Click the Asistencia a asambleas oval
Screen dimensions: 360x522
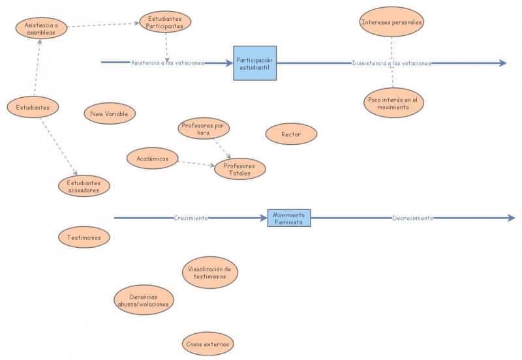click(x=41, y=28)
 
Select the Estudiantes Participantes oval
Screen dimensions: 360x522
click(x=165, y=22)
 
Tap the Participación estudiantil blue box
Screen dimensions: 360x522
click(x=254, y=63)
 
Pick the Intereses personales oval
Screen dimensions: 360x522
click(x=391, y=22)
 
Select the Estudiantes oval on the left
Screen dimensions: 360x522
click(x=33, y=107)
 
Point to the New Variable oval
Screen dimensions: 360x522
click(x=110, y=113)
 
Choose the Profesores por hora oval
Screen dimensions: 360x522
click(x=204, y=128)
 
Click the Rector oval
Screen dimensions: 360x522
click(x=291, y=134)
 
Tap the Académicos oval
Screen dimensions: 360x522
click(x=153, y=158)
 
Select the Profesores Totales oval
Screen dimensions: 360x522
click(x=239, y=169)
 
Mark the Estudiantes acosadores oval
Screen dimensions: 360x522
click(x=84, y=187)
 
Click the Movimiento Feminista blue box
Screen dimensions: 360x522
click(x=289, y=218)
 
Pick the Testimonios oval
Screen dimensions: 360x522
click(x=84, y=237)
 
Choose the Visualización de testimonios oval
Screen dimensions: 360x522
click(x=209, y=273)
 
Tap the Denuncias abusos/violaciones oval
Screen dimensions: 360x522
click(x=144, y=301)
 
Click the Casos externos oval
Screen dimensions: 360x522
click(x=207, y=343)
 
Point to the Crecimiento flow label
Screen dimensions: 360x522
click(x=191, y=218)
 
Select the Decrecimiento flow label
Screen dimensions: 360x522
click(x=412, y=218)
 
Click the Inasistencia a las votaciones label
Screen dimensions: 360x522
click(x=391, y=63)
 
